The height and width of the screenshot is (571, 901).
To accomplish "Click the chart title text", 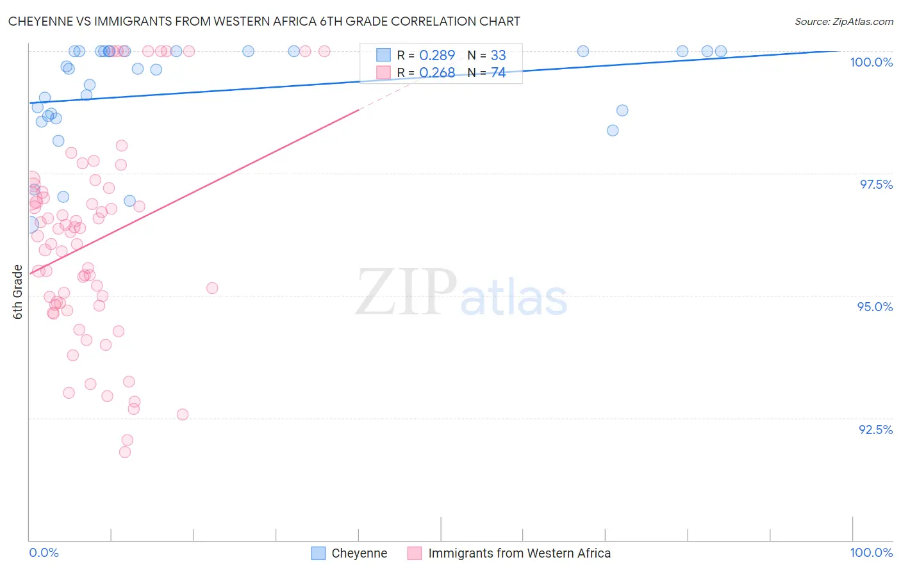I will [264, 21].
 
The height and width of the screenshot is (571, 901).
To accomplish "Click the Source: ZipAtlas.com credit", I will [843, 21].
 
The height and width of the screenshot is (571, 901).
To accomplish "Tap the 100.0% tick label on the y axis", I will [871, 62].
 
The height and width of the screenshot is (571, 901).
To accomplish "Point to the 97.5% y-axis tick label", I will [875, 184].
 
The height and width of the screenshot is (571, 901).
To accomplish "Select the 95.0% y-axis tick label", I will [875, 307].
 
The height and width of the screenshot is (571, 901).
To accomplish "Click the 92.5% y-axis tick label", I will [875, 430].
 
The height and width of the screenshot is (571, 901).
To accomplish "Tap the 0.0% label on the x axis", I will [44, 552].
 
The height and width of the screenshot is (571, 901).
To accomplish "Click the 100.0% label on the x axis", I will [871, 552].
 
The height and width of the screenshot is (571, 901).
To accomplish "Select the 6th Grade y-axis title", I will [18, 292].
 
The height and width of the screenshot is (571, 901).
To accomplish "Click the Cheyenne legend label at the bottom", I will [359, 553].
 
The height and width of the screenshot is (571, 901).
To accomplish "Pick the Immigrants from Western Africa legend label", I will [519, 553].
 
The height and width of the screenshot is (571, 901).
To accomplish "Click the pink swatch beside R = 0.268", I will [383, 73].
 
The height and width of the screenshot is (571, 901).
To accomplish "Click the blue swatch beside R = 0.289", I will [383, 55].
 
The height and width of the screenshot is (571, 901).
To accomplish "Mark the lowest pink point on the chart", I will [125, 452].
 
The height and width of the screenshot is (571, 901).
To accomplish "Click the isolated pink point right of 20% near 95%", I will [212, 288].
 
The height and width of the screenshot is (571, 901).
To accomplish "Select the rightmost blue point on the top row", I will [721, 51].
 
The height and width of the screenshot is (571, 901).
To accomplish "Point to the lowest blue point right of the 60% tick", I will [613, 131].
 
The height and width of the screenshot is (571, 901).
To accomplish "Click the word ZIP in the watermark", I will [406, 293].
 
